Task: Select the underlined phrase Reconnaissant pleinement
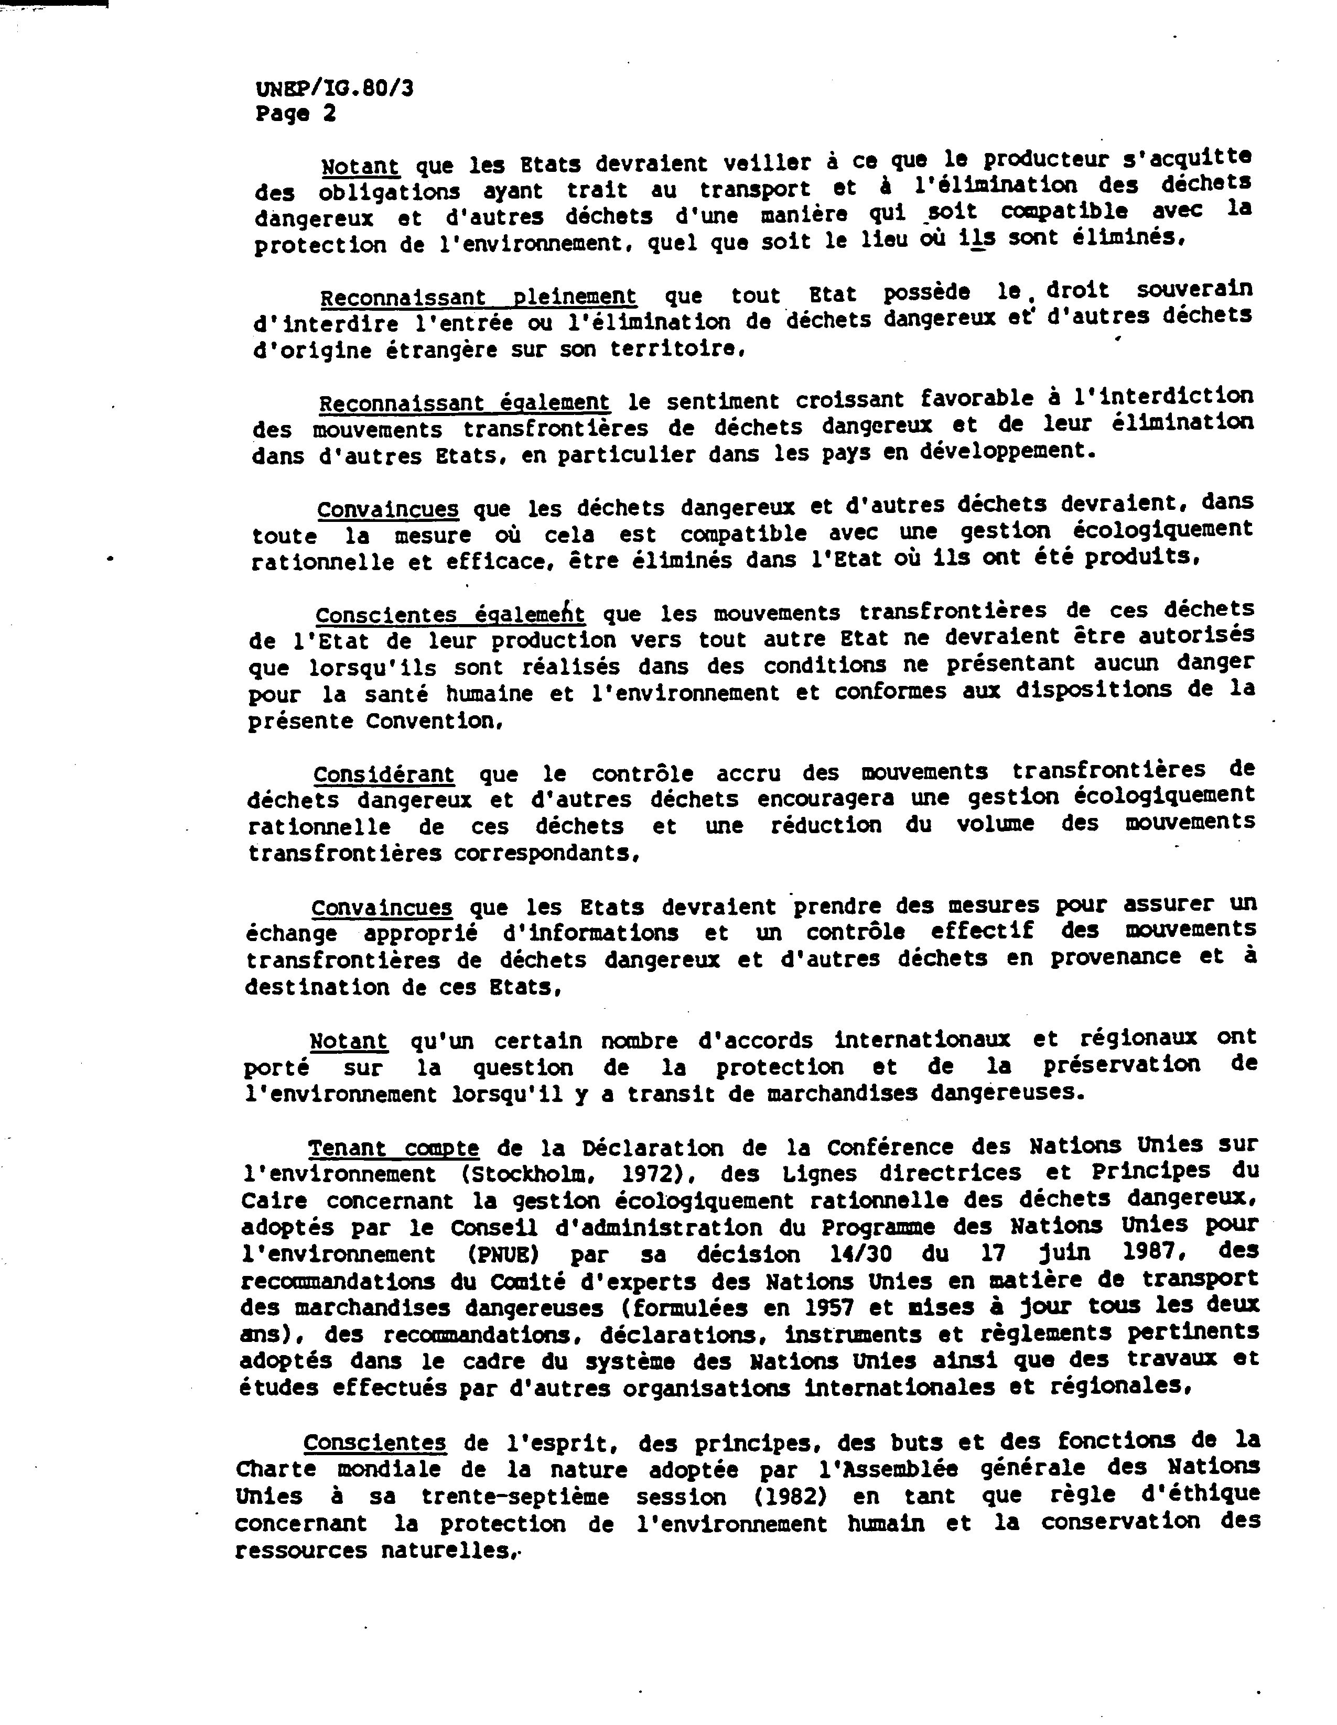478,297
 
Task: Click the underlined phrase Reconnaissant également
464,403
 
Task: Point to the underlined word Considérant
383,774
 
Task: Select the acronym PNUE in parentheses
505,1254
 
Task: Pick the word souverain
1194,290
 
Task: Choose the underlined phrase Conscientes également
450,615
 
